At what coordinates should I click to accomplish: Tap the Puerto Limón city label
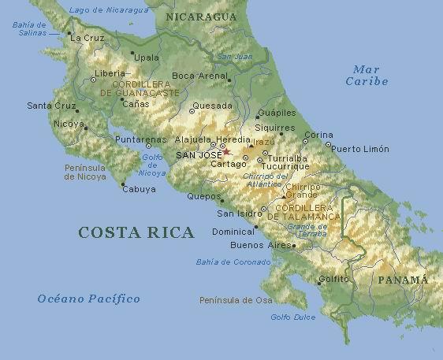(359, 149)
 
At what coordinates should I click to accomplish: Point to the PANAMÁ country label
(402, 280)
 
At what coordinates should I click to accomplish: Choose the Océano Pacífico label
(89, 299)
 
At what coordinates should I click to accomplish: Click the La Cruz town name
(87, 37)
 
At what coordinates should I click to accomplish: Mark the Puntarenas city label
(141, 139)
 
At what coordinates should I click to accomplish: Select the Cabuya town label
(139, 189)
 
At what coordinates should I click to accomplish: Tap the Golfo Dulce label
(292, 317)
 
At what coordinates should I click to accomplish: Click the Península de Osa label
(236, 300)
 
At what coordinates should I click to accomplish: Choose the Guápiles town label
(277, 113)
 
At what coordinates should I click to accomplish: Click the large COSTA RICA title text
(136, 232)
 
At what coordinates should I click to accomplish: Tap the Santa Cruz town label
(50, 106)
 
